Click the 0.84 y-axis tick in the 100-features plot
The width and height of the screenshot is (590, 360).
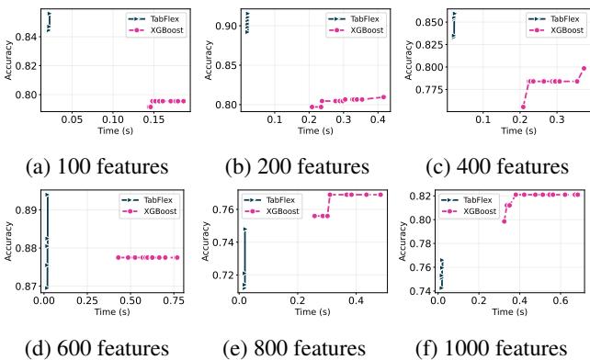28,36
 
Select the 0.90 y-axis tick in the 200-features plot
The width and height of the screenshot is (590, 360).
223,26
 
